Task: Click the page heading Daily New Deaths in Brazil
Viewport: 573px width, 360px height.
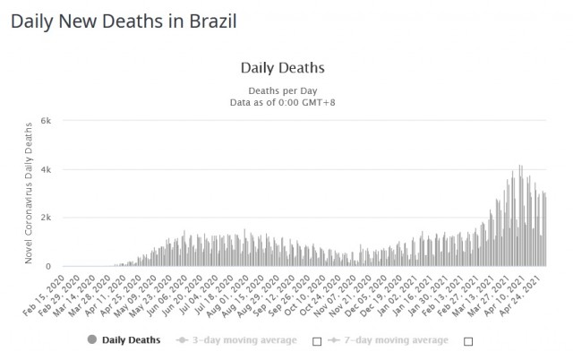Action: tap(124, 21)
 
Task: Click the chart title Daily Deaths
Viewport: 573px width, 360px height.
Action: tap(283, 67)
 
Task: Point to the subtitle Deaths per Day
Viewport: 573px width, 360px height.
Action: tap(283, 90)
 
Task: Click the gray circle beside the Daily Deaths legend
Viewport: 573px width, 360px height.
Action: tap(91, 339)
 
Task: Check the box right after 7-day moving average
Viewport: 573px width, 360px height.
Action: tap(466, 341)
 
